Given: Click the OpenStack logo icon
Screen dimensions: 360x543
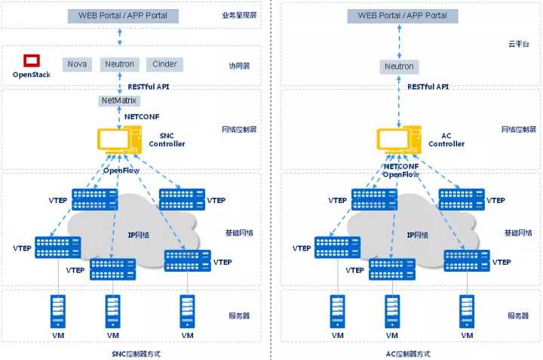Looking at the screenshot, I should [x=31, y=60].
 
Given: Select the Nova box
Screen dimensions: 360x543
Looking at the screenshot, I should [x=77, y=64].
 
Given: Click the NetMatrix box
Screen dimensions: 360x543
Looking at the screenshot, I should [x=120, y=100].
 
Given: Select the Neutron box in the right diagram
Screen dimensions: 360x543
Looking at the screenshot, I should [x=399, y=66].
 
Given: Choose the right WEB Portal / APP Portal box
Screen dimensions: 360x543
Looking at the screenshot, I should [x=402, y=15].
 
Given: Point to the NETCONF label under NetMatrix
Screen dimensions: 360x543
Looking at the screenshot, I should [x=140, y=117].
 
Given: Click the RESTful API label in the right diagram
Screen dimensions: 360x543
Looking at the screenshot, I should [x=428, y=87].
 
